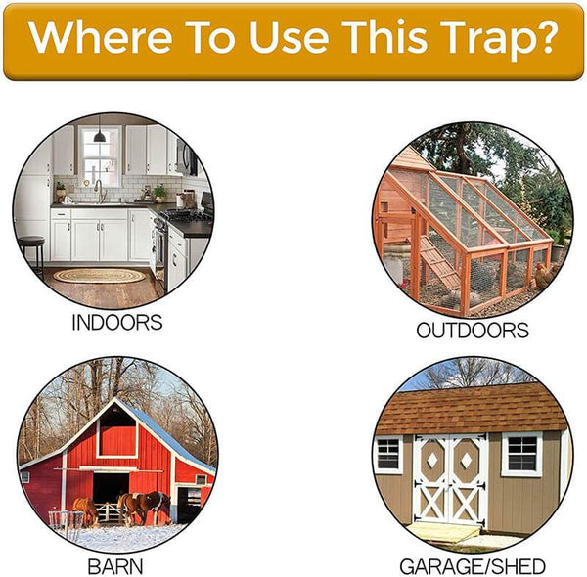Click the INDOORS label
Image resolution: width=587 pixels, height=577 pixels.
[x=116, y=323]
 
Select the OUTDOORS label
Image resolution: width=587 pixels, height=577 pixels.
[x=473, y=331]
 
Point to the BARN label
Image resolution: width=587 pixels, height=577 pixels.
[x=115, y=566]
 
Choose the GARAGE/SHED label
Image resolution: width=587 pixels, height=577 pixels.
[x=473, y=566]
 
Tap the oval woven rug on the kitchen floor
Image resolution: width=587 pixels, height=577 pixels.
[x=99, y=276]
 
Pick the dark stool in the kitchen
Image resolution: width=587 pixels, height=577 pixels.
[x=31, y=251]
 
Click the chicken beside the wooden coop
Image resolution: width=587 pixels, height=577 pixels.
[x=542, y=275]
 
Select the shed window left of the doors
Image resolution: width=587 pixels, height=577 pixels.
[x=388, y=453]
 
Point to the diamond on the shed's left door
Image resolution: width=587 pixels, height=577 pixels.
[x=430, y=461]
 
